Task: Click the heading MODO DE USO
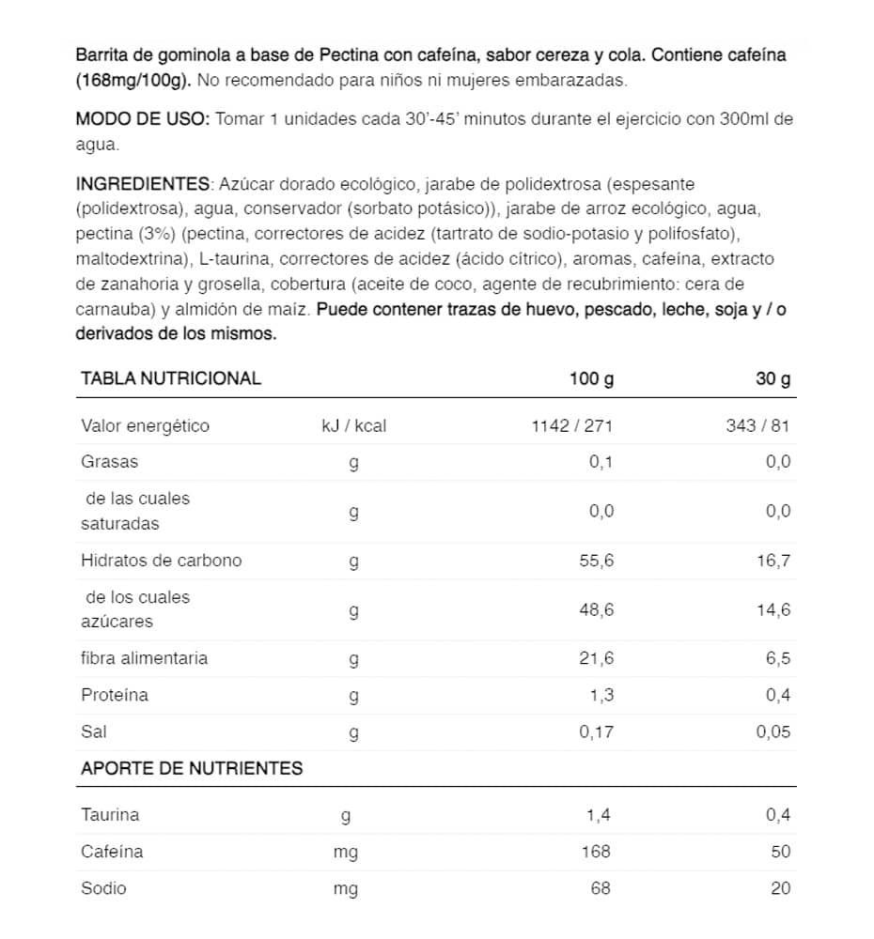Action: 143,120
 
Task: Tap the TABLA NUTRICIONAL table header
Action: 171,378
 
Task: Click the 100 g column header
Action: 590,378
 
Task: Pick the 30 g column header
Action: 773,378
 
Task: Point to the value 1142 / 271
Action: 571,426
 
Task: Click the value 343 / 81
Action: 757,426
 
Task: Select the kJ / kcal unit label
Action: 353,426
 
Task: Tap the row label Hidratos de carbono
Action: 162,561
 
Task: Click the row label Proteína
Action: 115,696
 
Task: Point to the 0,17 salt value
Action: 594,733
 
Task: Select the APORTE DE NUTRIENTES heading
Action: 192,768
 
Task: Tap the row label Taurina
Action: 110,815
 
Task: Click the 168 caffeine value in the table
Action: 596,852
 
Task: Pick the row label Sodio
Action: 103,888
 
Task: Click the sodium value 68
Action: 600,888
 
